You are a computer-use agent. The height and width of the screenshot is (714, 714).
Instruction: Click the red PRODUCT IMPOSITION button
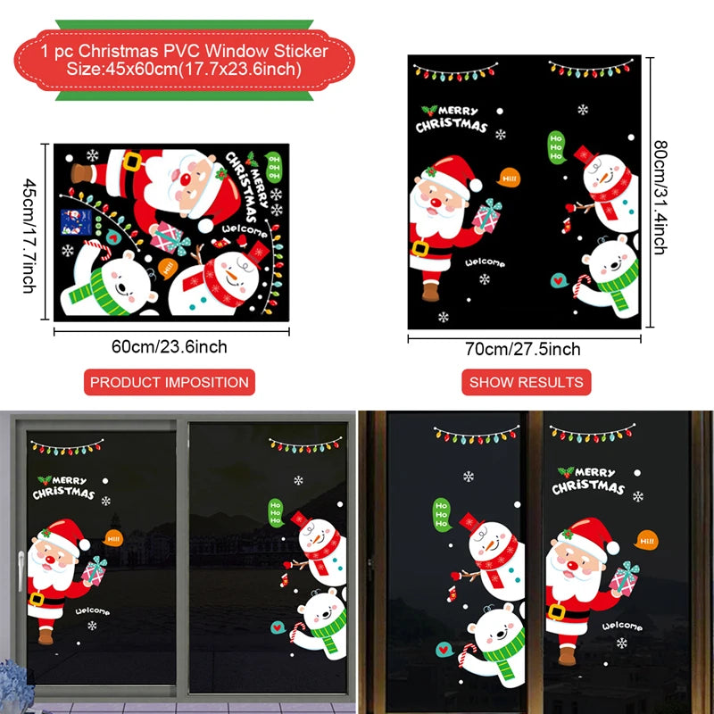pos(170,382)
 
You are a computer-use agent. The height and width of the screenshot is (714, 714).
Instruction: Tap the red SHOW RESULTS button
pos(527,382)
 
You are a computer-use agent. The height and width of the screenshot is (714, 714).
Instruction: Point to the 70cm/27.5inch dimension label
pos(525,349)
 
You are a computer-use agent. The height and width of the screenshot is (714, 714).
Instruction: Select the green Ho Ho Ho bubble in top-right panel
pos(556,147)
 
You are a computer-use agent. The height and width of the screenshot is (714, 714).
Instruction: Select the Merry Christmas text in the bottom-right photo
pos(586,480)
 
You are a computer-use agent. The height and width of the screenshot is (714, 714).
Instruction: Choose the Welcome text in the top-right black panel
pos(485,263)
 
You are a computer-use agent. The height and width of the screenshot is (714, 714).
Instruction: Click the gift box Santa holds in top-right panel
pos(488,215)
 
